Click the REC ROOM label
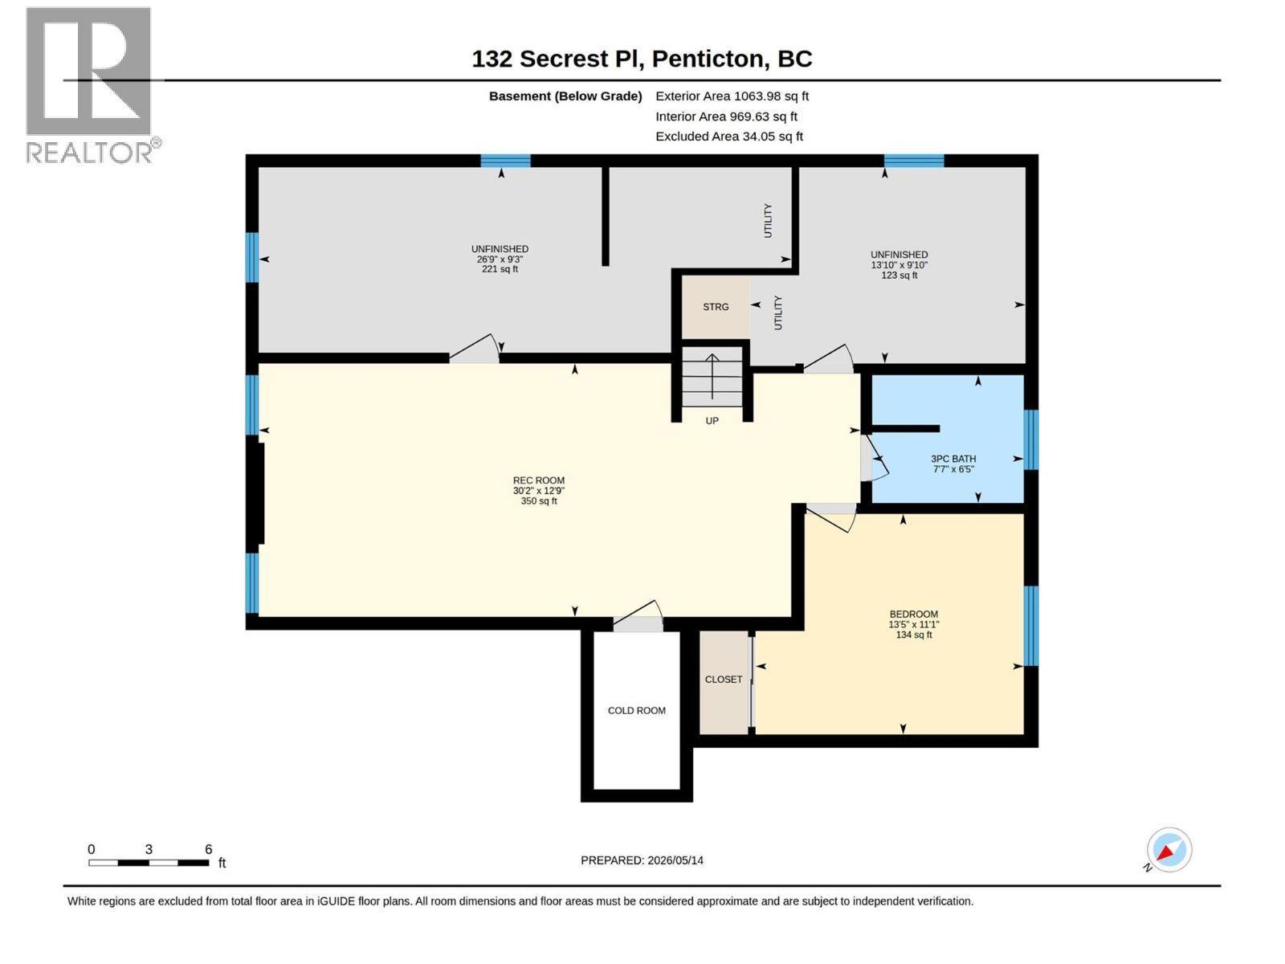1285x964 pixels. tap(539, 480)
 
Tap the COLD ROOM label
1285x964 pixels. tap(636, 711)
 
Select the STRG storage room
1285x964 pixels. tap(716, 307)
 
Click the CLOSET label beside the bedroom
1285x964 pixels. tap(724, 680)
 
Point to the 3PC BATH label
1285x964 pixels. tap(953, 459)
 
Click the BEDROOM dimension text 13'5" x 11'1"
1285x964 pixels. tap(913, 624)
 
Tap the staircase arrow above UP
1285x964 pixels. tap(712, 376)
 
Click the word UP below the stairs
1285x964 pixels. tap(712, 421)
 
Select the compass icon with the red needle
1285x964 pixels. tap(1169, 849)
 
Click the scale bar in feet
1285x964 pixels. tap(149, 863)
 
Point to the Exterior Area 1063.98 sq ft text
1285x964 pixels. tap(732, 96)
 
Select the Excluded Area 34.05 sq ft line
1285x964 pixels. tap(729, 137)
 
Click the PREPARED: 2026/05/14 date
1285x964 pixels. tap(642, 860)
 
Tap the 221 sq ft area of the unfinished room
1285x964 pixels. tap(500, 269)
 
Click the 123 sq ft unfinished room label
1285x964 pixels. tap(899, 275)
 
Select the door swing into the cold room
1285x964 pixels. tap(638, 615)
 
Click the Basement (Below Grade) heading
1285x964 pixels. tap(565, 96)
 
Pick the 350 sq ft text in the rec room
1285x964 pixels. tap(539, 501)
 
